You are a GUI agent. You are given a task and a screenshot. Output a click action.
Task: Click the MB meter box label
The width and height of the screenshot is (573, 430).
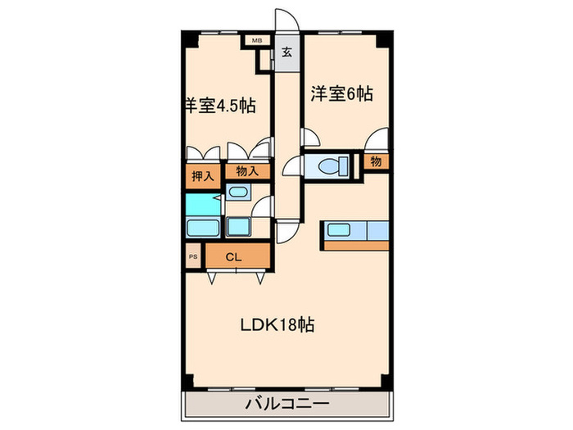257,40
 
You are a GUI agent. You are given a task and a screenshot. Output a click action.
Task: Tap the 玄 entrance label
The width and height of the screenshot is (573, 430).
286,52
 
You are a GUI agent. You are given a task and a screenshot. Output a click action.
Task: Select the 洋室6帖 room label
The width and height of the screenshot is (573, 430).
341,93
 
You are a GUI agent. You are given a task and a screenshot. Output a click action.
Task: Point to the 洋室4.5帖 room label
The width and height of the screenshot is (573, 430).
220,106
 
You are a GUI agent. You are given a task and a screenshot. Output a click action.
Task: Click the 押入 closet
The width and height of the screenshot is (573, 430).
203,177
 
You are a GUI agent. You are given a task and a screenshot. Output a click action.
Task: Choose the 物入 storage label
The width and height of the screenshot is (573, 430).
247,171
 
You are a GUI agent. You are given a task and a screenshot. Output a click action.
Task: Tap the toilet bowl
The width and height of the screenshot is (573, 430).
333,166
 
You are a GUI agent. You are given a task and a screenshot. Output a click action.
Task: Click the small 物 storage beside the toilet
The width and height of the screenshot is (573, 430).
376,161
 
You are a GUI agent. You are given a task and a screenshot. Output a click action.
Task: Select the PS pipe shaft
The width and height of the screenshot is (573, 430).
193,256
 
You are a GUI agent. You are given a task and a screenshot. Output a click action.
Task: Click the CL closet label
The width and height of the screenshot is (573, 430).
233,257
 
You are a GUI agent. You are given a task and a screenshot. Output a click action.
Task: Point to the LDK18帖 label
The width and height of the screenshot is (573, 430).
277,324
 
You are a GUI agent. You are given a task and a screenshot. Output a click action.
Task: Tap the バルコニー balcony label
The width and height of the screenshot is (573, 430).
286,404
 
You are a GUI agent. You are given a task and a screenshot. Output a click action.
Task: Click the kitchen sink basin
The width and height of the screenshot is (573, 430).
339,230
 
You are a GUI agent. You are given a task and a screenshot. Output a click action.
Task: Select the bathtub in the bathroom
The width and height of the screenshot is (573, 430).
203,228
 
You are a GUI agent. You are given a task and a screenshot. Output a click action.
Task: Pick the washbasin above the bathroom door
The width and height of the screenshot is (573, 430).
238,192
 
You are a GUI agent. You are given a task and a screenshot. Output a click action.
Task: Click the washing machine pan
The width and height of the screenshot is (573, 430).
239,227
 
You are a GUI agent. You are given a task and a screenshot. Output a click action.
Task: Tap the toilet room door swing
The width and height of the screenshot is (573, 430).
293,166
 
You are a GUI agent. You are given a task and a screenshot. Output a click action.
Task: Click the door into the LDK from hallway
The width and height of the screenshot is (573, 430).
288,232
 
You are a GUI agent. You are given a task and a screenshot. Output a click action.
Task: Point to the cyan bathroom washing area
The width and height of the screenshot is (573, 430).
203,205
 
